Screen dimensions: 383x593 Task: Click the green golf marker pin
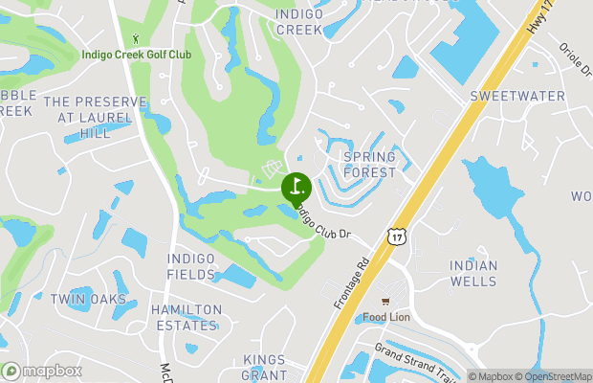(294, 185)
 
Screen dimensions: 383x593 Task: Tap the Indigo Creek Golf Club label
(136, 55)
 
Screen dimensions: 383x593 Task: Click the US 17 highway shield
(395, 236)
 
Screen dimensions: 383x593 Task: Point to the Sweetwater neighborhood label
(516, 97)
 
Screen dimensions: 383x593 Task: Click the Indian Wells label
(473, 273)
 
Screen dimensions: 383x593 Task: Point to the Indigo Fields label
(191, 266)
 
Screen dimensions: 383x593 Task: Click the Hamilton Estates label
(186, 318)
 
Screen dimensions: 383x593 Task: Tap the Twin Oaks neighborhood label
(89, 300)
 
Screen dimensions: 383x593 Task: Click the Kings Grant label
(265, 367)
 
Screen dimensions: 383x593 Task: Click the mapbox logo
(42, 371)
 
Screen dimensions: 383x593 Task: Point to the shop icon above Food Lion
(386, 301)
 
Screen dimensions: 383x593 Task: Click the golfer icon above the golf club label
(136, 39)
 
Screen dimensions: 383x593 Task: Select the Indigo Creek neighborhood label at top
(300, 22)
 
